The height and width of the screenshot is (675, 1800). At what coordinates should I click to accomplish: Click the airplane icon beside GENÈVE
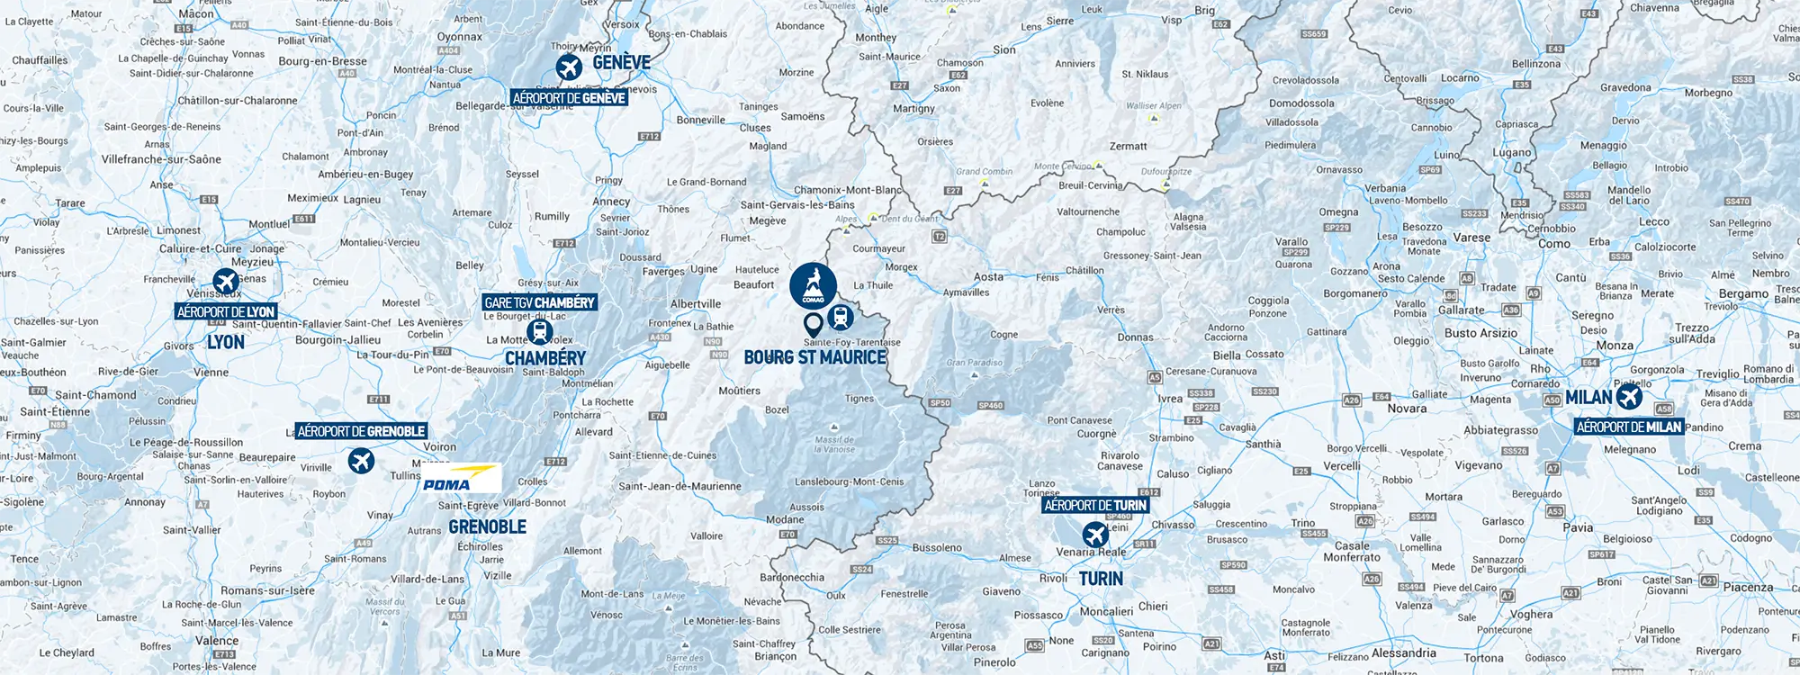coord(568,67)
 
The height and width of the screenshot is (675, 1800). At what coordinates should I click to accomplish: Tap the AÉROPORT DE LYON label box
coord(226,312)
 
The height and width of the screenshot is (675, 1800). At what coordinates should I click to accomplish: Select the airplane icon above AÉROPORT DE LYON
coord(226,282)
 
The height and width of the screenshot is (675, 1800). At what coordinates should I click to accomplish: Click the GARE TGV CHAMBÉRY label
coord(540,303)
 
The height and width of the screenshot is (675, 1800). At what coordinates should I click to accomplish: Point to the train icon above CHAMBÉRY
coord(539,331)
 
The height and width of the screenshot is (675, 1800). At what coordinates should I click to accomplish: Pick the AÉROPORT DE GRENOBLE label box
coord(361,431)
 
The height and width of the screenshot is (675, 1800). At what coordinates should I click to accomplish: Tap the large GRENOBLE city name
coord(487,526)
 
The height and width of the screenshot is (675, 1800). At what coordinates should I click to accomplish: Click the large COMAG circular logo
coord(813,286)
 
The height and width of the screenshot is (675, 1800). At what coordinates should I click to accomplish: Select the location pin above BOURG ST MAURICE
coord(813,323)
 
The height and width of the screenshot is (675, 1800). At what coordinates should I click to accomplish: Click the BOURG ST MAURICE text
coord(815,357)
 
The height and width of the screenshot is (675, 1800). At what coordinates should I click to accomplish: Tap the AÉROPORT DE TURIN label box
coord(1095,506)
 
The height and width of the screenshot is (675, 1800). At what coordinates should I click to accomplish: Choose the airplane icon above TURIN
coord(1095,535)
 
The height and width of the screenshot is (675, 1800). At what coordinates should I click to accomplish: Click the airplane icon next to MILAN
coord(1629,396)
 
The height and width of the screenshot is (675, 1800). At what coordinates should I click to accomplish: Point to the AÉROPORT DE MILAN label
coord(1629,427)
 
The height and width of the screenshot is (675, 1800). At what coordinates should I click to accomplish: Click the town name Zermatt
coord(1128,146)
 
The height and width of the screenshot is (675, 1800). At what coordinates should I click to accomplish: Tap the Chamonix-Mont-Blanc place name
coord(847,190)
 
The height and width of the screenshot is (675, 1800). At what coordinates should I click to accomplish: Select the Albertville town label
coord(696,304)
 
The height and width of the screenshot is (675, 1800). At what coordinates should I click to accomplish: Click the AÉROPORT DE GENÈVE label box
coord(569,98)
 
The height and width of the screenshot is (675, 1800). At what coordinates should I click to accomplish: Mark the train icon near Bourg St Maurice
coord(841,317)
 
